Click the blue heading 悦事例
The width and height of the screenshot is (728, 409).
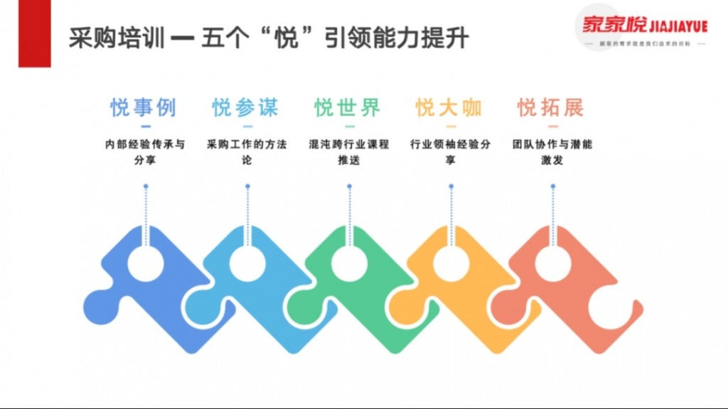[143, 108]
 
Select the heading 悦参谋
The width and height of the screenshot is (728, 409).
[245, 108]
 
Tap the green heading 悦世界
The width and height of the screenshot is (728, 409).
[348, 108]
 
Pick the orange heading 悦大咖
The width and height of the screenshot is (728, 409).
[449, 108]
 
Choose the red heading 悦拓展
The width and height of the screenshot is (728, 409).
[551, 108]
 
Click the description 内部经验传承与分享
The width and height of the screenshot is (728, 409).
[145, 152]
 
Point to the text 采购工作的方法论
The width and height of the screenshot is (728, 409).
[247, 152]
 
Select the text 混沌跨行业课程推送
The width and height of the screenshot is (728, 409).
[349, 152]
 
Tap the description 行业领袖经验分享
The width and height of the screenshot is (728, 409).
[450, 152]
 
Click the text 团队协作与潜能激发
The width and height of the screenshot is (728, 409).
[552, 152]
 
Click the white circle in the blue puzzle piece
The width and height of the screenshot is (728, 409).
[146, 263]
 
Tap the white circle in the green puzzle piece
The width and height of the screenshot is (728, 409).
[349, 263]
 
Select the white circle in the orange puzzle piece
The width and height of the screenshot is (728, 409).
[451, 263]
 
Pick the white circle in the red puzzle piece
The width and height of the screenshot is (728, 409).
[552, 263]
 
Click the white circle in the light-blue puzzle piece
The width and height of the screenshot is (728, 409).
[247, 263]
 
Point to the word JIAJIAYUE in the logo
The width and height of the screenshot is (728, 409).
[678, 26]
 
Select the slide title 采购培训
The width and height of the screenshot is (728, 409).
[118, 38]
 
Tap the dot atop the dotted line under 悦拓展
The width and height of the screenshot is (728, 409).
[552, 187]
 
